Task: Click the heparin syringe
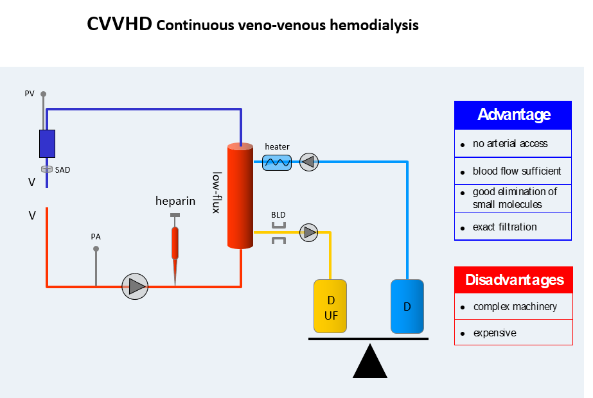click(x=175, y=244)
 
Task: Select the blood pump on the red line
click(x=136, y=286)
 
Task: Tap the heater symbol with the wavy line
click(x=277, y=162)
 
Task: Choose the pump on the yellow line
click(x=310, y=232)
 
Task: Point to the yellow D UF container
click(x=330, y=306)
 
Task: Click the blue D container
click(x=407, y=306)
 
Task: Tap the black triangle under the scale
click(x=369, y=363)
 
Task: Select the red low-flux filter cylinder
click(x=241, y=196)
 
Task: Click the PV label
click(x=30, y=94)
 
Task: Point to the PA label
click(x=96, y=237)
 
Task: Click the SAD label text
click(x=62, y=170)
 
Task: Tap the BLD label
click(x=278, y=214)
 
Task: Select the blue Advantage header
click(x=513, y=115)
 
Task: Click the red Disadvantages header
click(x=513, y=280)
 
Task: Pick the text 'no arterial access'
click(x=510, y=144)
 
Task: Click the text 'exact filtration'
click(x=504, y=227)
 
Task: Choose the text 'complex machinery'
click(x=515, y=307)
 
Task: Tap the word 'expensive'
click(x=494, y=333)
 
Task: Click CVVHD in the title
click(x=119, y=25)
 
